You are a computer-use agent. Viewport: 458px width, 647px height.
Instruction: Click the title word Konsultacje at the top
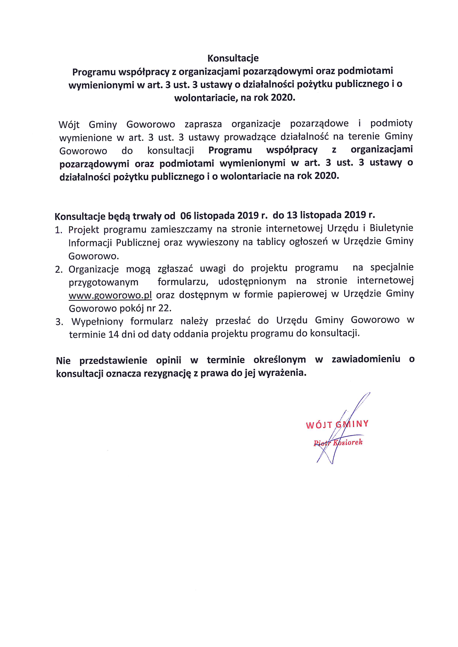[233, 58]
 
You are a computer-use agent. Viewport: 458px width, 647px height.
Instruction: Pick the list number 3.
[59, 322]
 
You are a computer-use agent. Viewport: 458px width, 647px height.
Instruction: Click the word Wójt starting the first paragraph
[69, 125]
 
